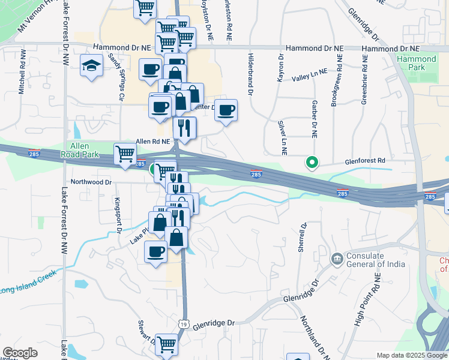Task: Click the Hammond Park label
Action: pyautogui.click(x=416, y=64)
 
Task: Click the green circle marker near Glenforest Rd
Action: pyautogui.click(x=312, y=162)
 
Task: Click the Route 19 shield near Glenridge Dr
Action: pyautogui.click(x=184, y=324)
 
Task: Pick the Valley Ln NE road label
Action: pyautogui.click(x=310, y=74)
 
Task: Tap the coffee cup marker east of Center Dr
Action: pyautogui.click(x=226, y=110)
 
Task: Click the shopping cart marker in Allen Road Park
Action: pyautogui.click(x=125, y=152)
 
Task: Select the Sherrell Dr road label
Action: pyautogui.click(x=303, y=237)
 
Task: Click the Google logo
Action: pyautogui.click(x=20, y=353)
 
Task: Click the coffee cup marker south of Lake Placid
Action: pyautogui.click(x=156, y=251)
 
